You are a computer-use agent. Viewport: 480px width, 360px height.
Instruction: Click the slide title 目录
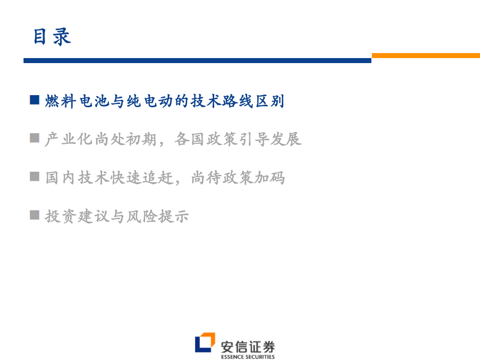(x=52, y=37)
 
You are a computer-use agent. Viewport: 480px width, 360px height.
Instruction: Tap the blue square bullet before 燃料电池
(x=35, y=100)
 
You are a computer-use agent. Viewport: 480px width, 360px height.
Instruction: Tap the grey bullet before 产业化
(x=35, y=138)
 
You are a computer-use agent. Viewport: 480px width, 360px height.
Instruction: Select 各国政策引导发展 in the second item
(x=238, y=139)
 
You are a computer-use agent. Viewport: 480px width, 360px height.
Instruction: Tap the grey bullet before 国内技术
(x=35, y=176)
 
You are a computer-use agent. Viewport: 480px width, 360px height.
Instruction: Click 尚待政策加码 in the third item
(x=238, y=178)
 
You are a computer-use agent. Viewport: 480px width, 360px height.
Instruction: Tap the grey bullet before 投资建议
(x=35, y=215)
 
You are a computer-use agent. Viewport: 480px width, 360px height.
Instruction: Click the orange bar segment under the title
(x=425, y=56)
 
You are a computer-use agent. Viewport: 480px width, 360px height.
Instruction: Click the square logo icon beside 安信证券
(x=205, y=342)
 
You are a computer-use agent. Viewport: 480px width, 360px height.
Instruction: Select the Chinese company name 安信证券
(x=248, y=346)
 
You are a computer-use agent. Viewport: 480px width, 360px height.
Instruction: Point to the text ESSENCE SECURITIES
(x=248, y=357)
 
